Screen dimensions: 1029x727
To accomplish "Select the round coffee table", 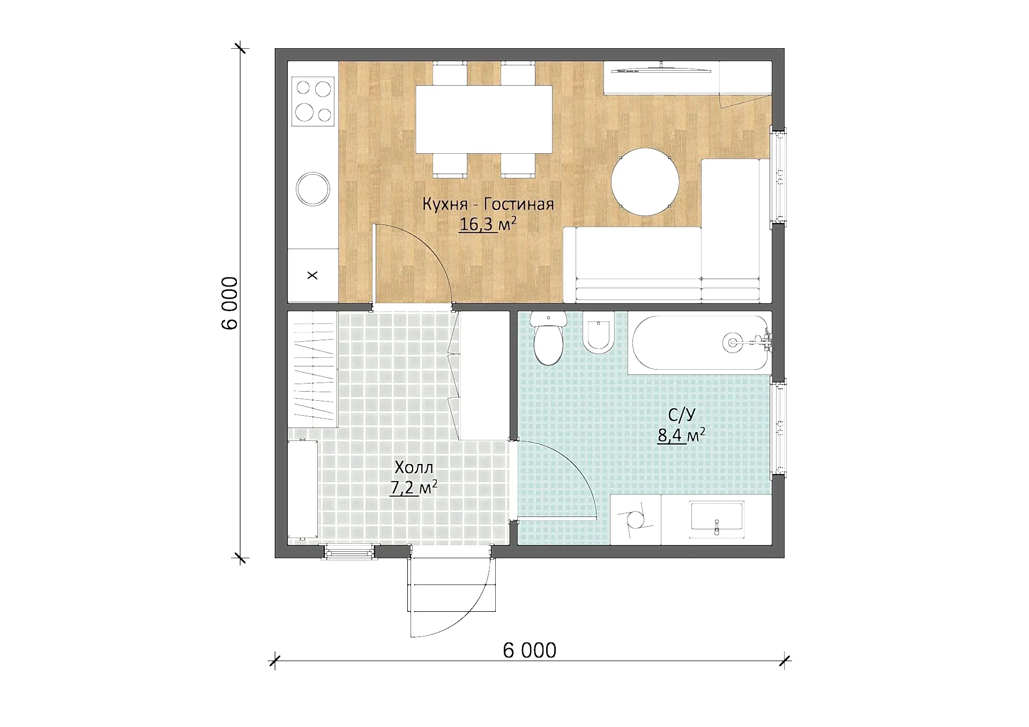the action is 645,182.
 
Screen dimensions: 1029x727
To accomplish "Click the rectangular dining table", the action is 484,119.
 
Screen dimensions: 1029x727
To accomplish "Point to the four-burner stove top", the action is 313,101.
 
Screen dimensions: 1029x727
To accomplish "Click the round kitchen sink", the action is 313,189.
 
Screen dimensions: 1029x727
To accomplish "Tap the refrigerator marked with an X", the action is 313,275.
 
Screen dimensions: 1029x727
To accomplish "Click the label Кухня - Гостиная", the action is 488,204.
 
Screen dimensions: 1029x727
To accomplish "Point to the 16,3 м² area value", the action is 488,224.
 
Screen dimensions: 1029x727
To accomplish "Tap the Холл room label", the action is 414,467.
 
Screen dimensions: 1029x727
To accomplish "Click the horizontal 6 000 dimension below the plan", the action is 530,650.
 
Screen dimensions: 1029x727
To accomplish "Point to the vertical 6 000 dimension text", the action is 229,303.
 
